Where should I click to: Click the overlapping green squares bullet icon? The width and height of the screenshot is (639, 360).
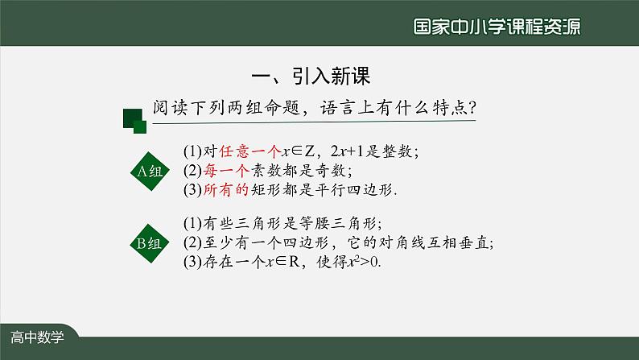click(134, 121)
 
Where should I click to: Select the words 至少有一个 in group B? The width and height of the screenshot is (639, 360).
click(233, 243)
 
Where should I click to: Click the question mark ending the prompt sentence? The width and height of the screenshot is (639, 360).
click(472, 107)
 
